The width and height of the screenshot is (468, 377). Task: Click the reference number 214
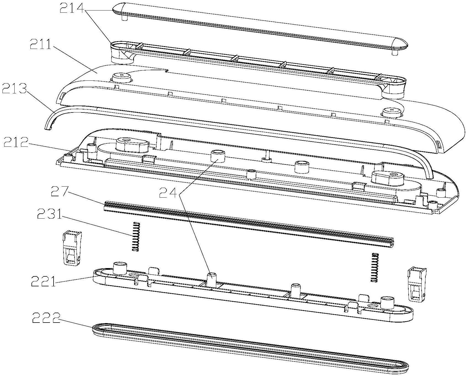pos(72,9)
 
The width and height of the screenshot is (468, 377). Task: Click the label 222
pos(46,319)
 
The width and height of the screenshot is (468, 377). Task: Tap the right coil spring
pos(374,267)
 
